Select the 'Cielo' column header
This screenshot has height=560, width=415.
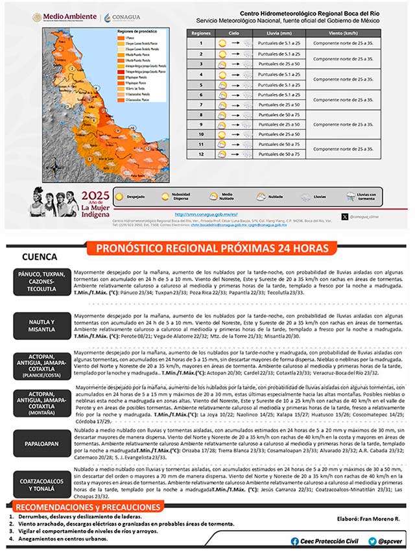tap(234, 31)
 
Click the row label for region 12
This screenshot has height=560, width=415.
tap(201, 154)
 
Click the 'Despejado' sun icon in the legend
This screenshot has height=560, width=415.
tap(120, 195)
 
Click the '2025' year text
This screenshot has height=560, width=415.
tap(95, 195)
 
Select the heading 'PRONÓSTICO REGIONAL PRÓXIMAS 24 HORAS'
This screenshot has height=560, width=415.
tap(212, 249)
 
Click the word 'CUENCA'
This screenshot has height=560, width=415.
tap(39, 258)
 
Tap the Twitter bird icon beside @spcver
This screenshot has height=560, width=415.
tap(372, 541)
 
